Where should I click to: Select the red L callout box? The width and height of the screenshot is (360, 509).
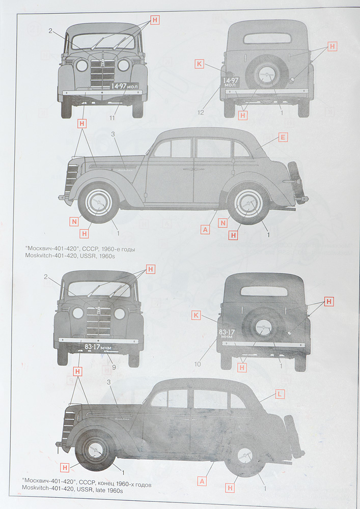coord(280,393)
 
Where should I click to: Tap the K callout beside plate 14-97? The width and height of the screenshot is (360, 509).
coord(199,64)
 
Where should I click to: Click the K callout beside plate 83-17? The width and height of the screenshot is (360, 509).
coord(196,316)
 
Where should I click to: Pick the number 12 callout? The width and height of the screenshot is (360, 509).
coord(201,111)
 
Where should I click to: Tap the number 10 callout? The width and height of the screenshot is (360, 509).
coord(197,364)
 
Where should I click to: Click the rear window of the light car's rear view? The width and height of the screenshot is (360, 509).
coord(267,38)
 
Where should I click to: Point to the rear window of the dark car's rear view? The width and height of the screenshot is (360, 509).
coord(264,291)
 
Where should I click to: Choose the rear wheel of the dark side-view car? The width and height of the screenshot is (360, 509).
coord(245,456)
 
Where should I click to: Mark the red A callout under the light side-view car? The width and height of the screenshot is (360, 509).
coord(205,230)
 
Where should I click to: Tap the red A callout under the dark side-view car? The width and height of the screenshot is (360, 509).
coord(202,480)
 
